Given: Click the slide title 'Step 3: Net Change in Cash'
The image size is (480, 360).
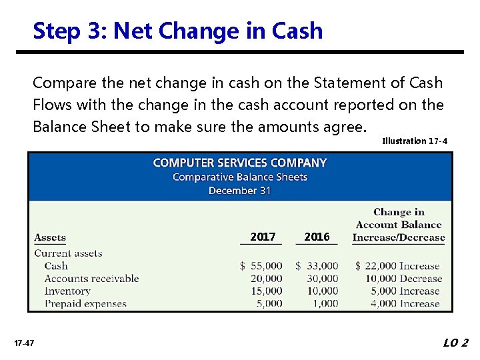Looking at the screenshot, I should pyautogui.click(x=177, y=31).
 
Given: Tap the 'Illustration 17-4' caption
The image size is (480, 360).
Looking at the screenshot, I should pyautogui.click(x=414, y=141).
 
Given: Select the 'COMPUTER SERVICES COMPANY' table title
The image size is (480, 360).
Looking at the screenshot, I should pyautogui.click(x=240, y=163).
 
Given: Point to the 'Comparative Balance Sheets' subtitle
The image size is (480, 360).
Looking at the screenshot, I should pyautogui.click(x=240, y=177).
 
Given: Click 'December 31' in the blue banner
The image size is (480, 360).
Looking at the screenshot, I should pyautogui.click(x=240, y=190).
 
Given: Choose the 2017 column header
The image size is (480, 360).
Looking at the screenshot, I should pyautogui.click(x=263, y=237).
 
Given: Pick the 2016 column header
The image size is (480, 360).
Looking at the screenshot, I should pyautogui.click(x=317, y=237).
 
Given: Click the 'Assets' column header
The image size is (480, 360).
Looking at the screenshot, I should pyautogui.click(x=50, y=237).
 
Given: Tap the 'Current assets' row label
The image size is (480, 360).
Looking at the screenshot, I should pyautogui.click(x=68, y=253).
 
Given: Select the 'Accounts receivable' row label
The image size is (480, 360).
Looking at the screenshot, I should pyautogui.click(x=91, y=279).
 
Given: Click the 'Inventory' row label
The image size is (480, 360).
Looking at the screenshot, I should pyautogui.click(x=67, y=291).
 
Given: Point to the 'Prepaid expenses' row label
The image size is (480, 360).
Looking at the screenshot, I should pyautogui.click(x=85, y=304).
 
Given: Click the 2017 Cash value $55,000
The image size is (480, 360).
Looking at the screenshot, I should pyautogui.click(x=261, y=266).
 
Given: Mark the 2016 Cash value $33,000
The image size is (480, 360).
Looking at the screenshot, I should pyautogui.click(x=317, y=266).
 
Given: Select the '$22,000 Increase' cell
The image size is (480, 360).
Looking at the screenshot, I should pyautogui.click(x=398, y=266).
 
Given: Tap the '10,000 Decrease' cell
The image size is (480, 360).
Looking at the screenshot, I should pyautogui.click(x=403, y=279).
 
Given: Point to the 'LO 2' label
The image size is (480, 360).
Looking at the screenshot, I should pyautogui.click(x=456, y=343).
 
